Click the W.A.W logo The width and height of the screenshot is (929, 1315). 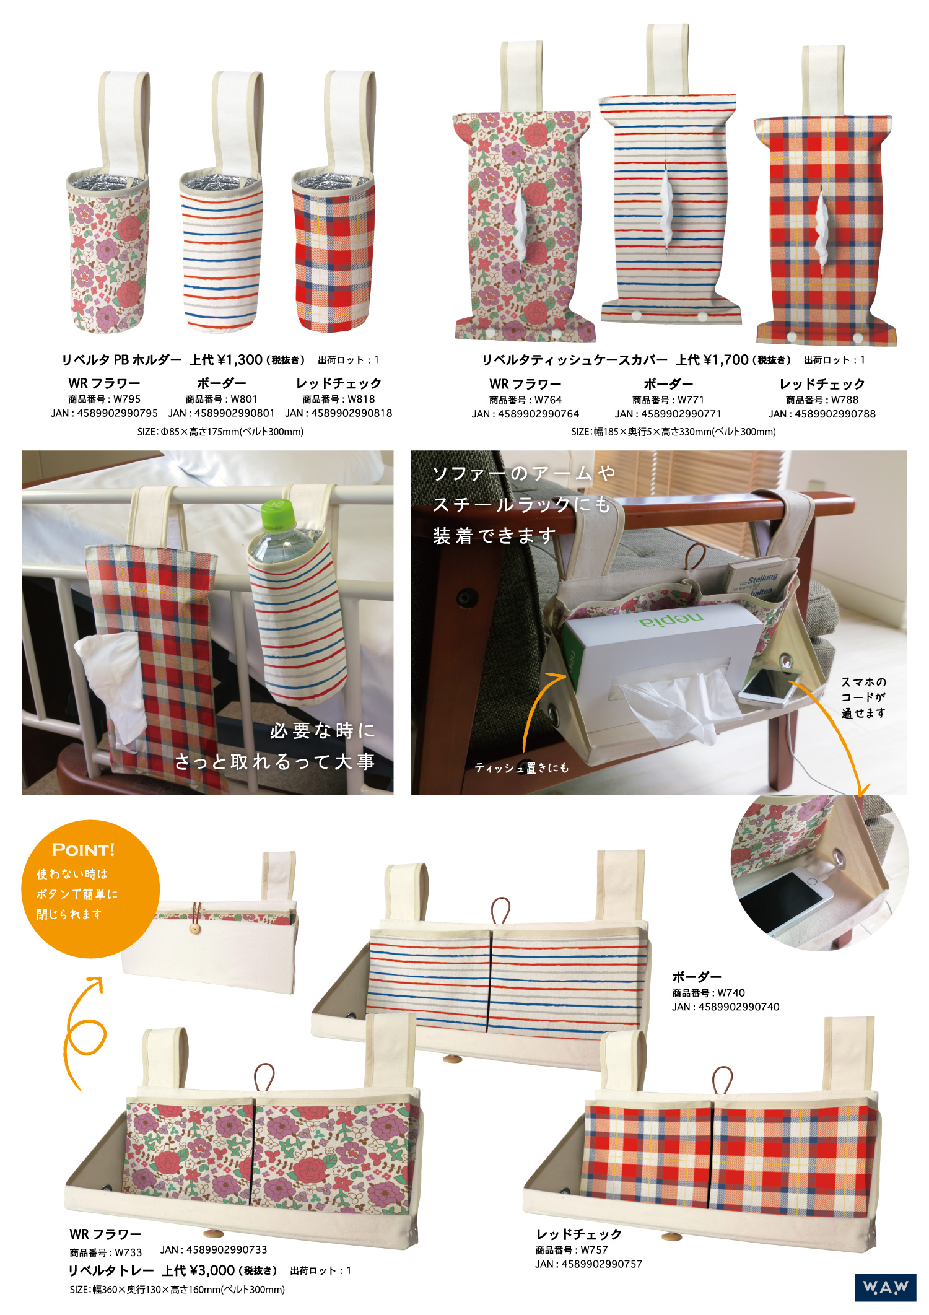coord(885,1287)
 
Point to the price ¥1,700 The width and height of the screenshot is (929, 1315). coord(726,360)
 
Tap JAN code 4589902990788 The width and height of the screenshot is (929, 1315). coord(822,414)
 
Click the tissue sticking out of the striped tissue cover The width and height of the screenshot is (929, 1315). coord(666,208)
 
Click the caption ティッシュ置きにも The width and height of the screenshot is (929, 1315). coord(521,768)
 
